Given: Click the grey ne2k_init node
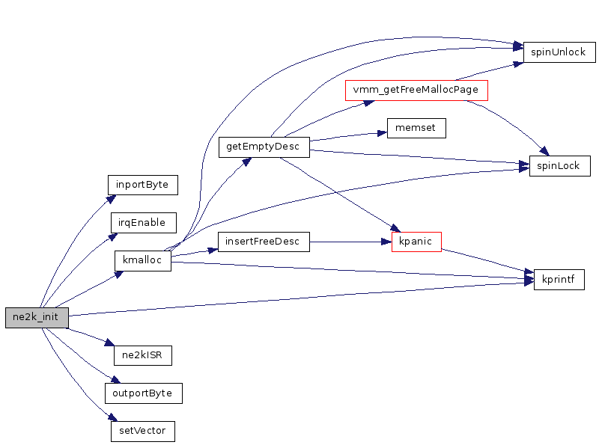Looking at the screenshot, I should click(37, 318).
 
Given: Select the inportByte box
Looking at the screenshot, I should click(142, 184).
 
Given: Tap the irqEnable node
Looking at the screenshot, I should click(143, 222).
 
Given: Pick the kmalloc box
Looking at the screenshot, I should click(142, 261).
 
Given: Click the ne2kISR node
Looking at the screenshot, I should click(142, 355).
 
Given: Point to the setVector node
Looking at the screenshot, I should click(142, 432).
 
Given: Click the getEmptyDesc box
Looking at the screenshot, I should click(263, 147).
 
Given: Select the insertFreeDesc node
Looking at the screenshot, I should click(263, 242).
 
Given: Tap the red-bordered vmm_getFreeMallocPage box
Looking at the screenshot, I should click(416, 90).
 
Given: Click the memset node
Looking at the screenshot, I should click(416, 128).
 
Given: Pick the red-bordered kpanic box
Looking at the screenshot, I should click(416, 242).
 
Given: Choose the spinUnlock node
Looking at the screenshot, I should click(559, 52).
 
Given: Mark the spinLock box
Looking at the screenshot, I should click(559, 166).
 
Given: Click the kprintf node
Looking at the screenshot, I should click(559, 280).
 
